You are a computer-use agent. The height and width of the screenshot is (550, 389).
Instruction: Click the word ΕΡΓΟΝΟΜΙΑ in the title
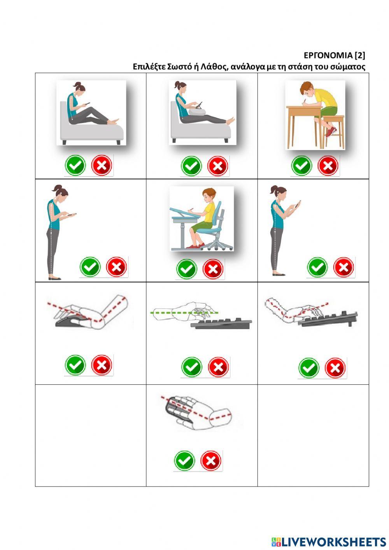[x=328, y=56]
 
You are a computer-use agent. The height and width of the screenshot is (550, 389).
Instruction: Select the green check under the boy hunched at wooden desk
[x=302, y=166]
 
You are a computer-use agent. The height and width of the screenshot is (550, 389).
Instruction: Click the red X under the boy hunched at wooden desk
[x=328, y=166]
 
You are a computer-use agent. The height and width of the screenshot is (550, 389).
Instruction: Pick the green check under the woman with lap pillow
[x=191, y=166]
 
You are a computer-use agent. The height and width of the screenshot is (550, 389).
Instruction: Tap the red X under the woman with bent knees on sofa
[x=102, y=165]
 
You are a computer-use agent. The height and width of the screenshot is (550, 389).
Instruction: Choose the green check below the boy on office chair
[x=187, y=269]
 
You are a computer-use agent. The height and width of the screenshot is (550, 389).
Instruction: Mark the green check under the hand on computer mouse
[x=75, y=365]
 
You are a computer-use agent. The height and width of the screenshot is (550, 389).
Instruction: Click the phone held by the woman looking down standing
[x=71, y=215]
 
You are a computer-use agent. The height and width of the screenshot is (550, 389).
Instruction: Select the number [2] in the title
[x=360, y=56]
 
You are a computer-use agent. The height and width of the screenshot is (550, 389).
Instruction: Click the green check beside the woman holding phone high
[x=317, y=267]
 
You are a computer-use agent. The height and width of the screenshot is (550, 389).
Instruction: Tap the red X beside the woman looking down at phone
[x=117, y=267]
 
